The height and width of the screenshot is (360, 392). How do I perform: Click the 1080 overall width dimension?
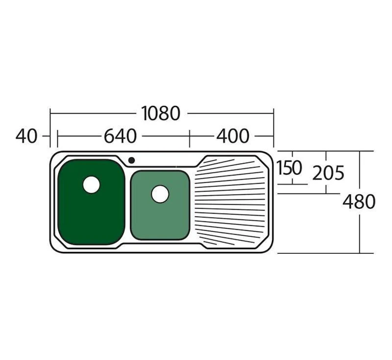[x=161, y=114]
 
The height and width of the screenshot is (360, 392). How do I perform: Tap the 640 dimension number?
[x=120, y=136]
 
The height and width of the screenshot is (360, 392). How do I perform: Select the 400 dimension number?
[x=233, y=136]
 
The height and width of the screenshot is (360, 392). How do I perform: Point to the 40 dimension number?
[x=26, y=136]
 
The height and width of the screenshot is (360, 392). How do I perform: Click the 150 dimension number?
[x=289, y=168]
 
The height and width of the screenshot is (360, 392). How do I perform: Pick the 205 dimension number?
[x=328, y=173]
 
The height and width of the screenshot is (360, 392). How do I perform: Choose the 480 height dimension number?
[x=359, y=202]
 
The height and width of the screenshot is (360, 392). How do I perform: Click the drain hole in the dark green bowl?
[x=91, y=185]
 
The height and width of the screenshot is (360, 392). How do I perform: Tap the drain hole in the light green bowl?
[x=160, y=194]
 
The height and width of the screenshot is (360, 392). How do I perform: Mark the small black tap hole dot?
[x=131, y=160]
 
